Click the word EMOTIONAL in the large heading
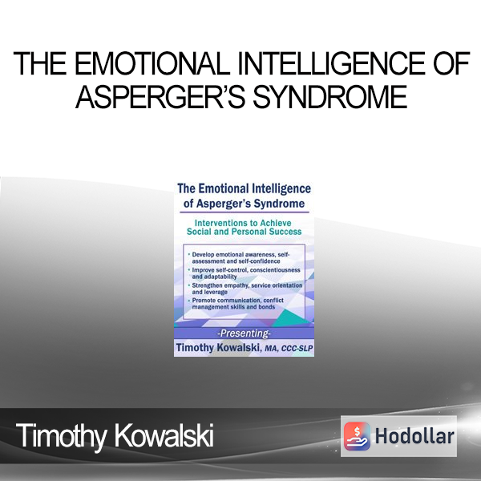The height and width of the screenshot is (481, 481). (152, 64)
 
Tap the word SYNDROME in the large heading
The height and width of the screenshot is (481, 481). (329, 97)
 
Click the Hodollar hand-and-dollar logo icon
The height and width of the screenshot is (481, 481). (357, 436)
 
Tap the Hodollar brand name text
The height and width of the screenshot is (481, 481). (414, 436)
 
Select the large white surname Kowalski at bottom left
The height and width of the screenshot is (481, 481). (164, 435)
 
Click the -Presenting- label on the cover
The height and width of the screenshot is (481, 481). (244, 333)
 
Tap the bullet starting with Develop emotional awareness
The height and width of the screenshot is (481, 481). (239, 257)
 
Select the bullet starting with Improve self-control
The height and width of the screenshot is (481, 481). (245, 273)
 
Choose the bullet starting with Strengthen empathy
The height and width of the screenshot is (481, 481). (245, 289)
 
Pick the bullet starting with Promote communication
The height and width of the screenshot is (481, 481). (236, 303)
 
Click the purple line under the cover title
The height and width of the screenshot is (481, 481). (245, 212)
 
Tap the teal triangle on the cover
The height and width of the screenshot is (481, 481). (289, 318)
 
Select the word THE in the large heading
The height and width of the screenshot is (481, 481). (40, 64)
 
